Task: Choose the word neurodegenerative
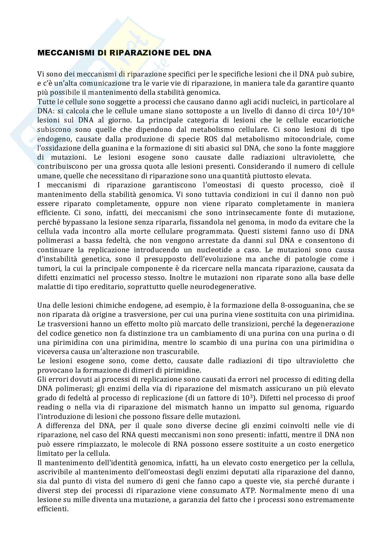pos(225,287)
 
